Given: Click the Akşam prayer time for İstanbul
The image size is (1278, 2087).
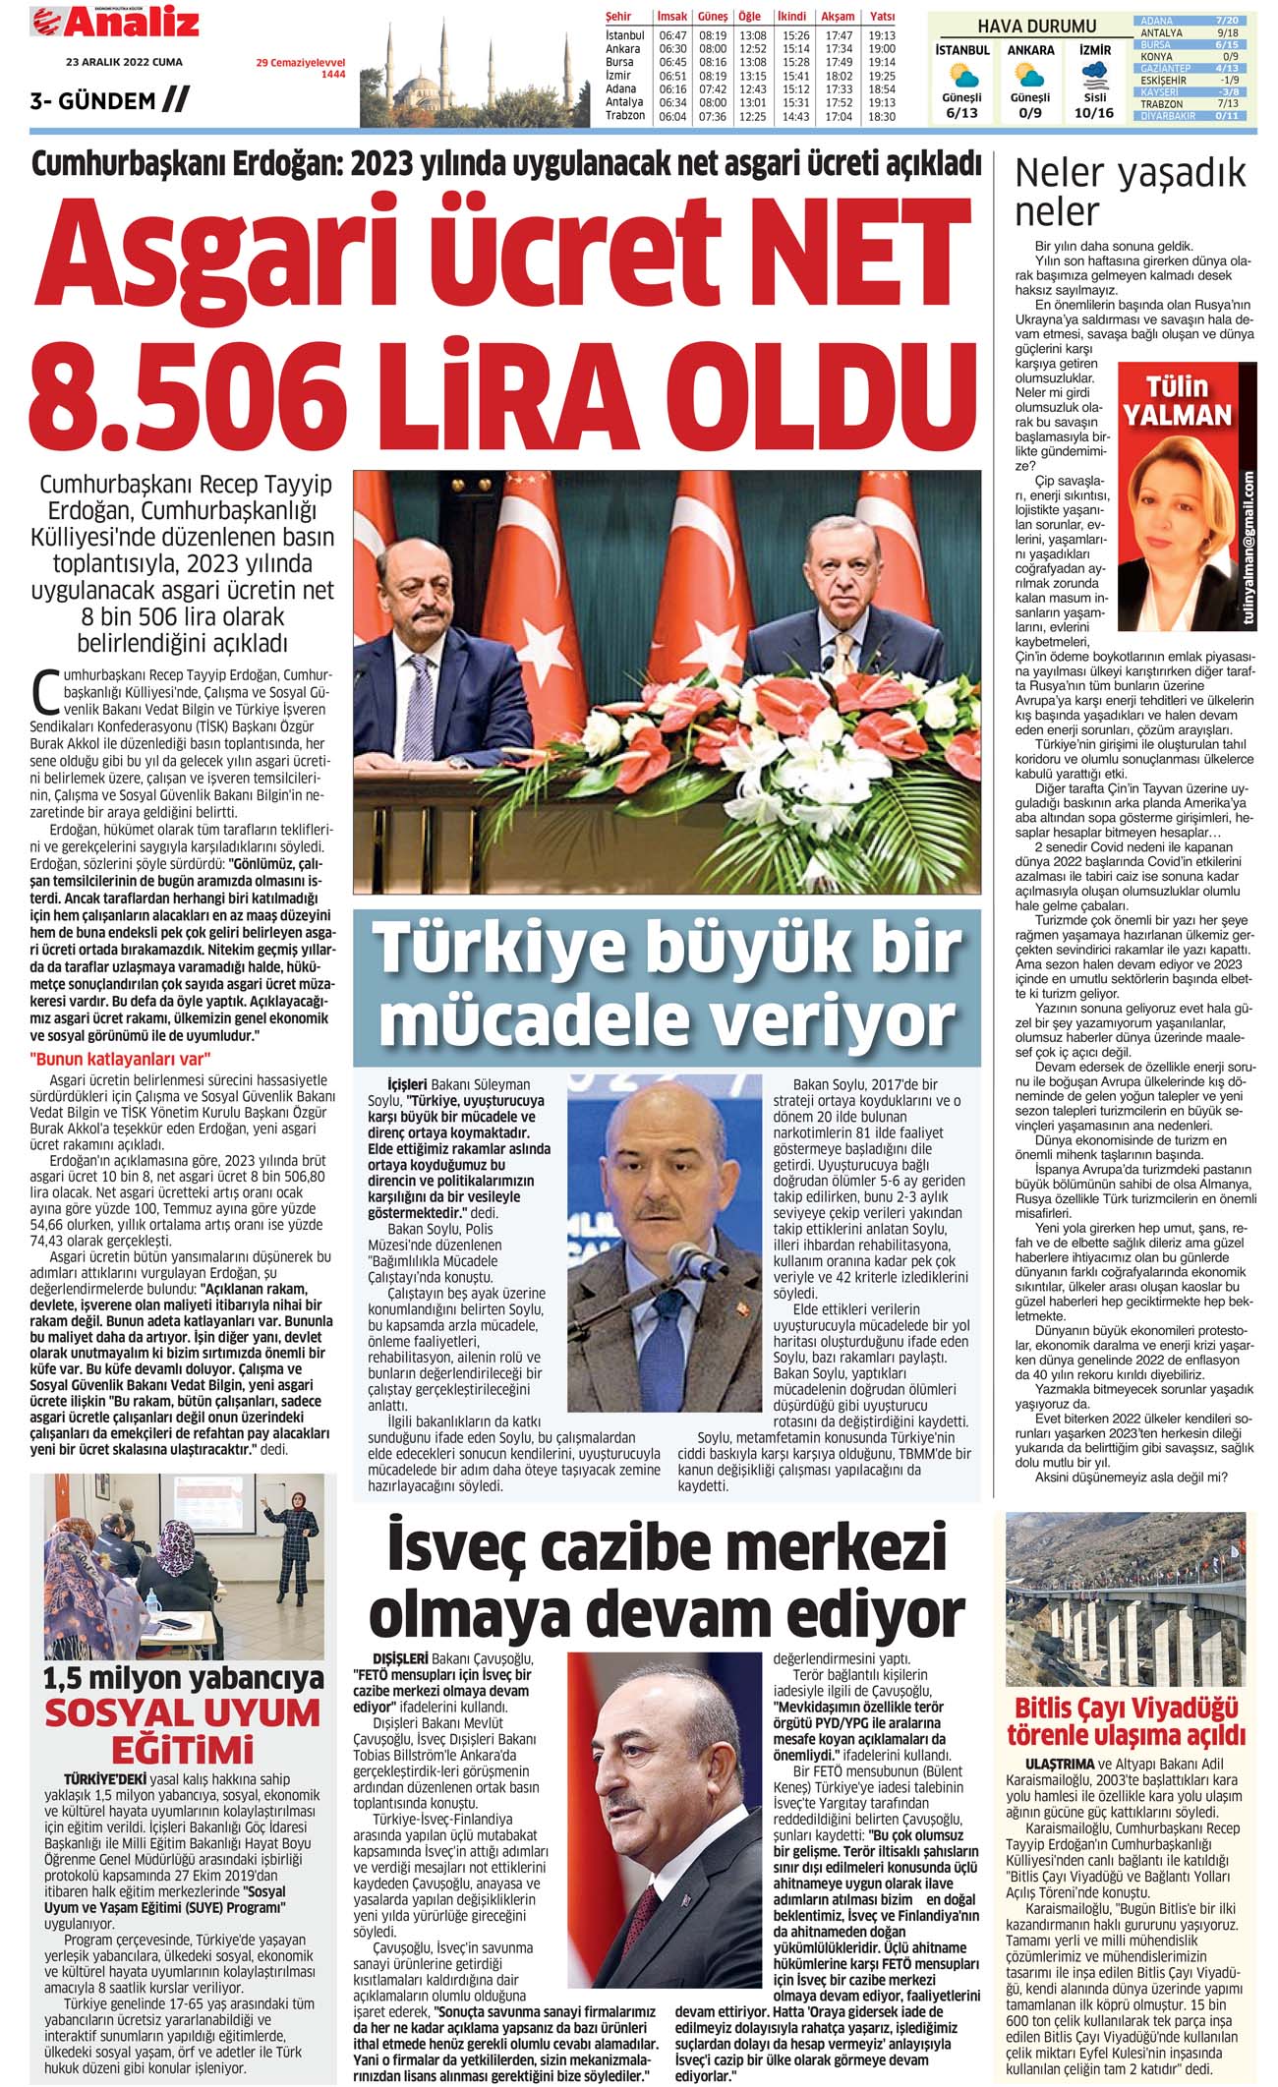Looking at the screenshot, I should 838,35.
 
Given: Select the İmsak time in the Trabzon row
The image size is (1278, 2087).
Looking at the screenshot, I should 672,116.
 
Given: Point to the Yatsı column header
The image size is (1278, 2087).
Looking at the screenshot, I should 882,17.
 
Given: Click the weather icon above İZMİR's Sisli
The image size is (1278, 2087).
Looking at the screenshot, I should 1094,75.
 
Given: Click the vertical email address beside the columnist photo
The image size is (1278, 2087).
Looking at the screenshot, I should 1249,555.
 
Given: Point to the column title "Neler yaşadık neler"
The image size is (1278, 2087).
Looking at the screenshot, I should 1130,192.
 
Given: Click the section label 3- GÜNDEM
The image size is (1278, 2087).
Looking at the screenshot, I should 93,100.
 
